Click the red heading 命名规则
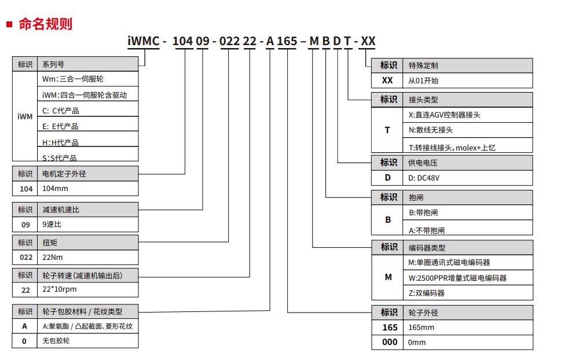[x=45, y=24]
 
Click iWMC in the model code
[x=144, y=41]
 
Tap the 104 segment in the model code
[x=183, y=41]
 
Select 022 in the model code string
[x=229, y=41]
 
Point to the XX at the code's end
[x=368, y=41]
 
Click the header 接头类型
[x=423, y=100]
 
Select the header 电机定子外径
[x=64, y=174]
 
